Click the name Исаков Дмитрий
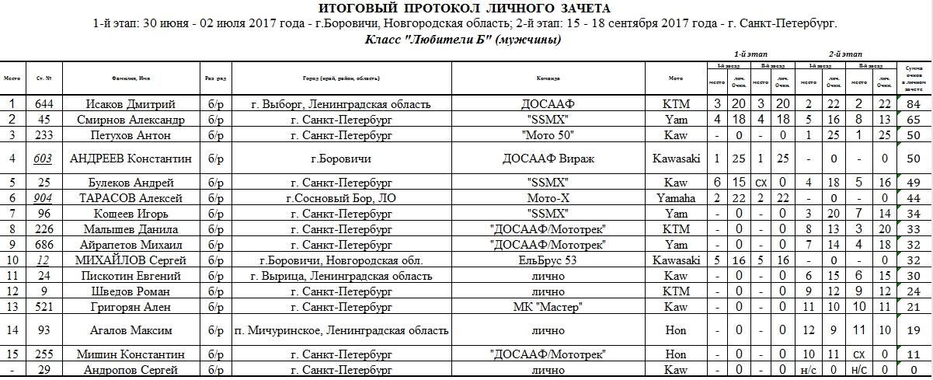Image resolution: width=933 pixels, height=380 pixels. click(131, 104)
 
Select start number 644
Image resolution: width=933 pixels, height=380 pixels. click(44, 104)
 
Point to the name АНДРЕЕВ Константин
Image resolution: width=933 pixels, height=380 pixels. click(131, 159)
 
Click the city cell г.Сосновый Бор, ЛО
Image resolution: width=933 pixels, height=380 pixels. click(341, 198)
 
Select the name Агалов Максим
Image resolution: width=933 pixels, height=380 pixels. click(131, 330)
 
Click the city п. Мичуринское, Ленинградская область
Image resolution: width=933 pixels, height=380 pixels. click(341, 330)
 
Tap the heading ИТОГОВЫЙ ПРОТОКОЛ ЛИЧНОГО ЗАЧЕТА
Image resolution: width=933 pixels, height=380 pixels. click(465, 9)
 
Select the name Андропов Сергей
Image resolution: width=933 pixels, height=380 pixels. click(131, 370)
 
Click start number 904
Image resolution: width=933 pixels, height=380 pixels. click(44, 198)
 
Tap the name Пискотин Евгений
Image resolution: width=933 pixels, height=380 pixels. click(131, 276)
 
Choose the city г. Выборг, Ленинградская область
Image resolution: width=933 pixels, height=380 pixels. click(341, 104)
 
